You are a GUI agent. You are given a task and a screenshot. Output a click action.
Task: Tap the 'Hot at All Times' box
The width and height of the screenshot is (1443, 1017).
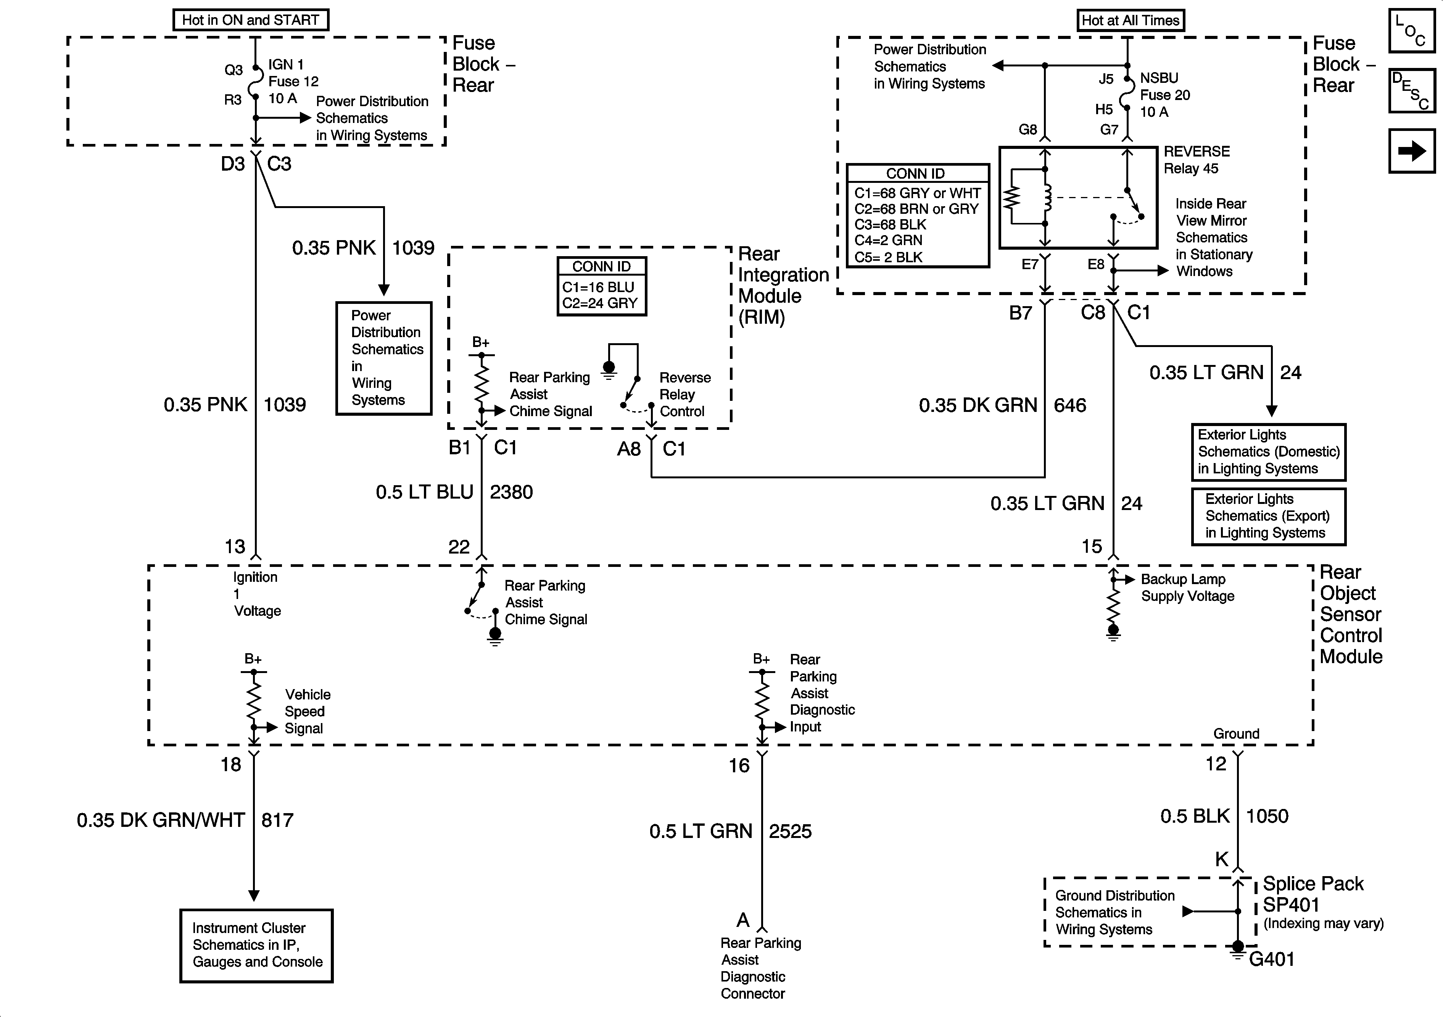point(1130,20)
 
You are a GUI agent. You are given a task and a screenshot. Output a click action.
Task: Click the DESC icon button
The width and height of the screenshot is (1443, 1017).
point(1412,90)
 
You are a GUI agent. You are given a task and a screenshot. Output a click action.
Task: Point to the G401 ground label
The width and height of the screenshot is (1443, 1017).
point(1271,959)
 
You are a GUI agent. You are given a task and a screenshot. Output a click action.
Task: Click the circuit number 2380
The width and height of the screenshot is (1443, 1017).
point(511,492)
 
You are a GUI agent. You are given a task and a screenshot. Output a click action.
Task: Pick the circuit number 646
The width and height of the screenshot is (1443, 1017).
point(1070,405)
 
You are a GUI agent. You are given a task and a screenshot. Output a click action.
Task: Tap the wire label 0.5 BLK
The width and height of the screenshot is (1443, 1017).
point(1194,816)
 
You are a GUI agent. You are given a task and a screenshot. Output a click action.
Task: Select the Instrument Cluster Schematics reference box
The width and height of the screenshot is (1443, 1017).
point(256,945)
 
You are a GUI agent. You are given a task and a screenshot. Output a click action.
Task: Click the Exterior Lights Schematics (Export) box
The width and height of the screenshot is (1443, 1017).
point(1268,517)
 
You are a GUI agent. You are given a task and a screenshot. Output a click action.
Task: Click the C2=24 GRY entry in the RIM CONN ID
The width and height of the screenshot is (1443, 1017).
point(599,303)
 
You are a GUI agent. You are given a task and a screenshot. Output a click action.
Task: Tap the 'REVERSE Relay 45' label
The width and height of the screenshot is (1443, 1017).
point(1197,160)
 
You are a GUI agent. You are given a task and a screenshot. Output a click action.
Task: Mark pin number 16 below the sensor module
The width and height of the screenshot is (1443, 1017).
point(739,765)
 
